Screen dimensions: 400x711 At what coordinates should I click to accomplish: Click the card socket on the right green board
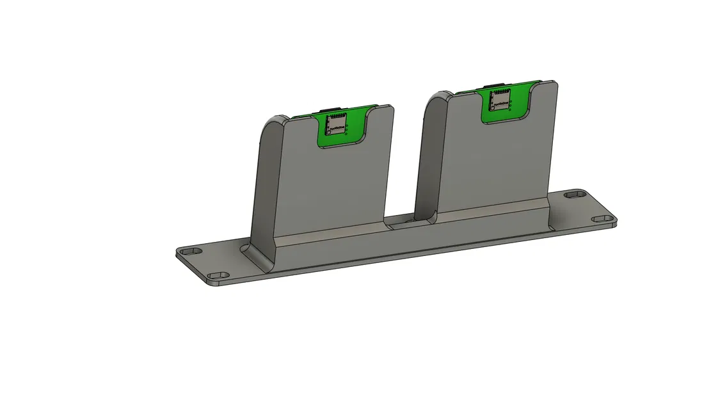click(x=499, y=99)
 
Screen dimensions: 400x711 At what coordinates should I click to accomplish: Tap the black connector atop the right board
click(x=497, y=84)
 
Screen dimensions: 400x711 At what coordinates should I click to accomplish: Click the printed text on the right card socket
click(x=500, y=103)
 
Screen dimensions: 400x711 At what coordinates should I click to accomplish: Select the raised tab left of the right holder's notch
click(x=464, y=102)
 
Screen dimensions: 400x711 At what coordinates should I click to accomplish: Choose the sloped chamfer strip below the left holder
click(x=333, y=239)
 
